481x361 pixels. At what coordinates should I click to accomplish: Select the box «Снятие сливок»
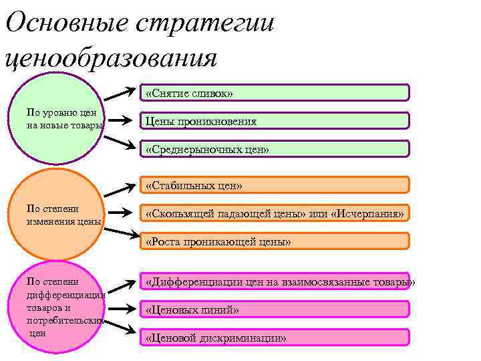274,93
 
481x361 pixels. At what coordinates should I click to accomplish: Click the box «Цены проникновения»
274,121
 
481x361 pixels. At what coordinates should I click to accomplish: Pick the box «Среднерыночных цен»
274,148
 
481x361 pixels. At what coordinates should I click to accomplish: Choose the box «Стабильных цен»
274,185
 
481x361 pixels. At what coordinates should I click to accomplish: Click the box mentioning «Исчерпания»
274,213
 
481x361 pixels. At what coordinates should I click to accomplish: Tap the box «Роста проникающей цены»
274,241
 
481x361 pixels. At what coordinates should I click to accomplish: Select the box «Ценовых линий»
274,309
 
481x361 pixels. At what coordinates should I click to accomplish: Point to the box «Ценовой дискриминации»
274,337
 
